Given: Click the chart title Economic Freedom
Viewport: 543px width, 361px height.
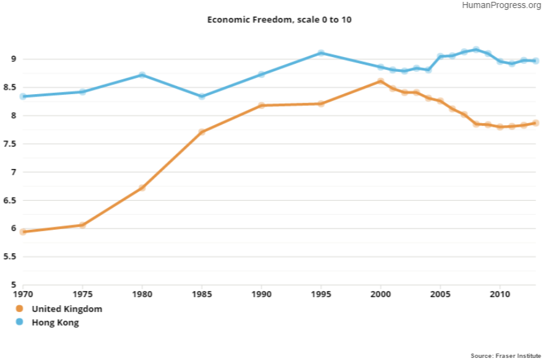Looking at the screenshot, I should click(279, 20).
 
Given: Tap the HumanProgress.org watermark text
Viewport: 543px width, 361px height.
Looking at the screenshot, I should click(502, 6).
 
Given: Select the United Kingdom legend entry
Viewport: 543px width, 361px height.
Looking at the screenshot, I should click(67, 309).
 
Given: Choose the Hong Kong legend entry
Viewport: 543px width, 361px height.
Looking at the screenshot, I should click(55, 323).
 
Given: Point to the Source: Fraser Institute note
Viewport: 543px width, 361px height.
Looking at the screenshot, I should click(505, 355).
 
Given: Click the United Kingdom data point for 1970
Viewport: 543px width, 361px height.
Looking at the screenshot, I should click(23, 232).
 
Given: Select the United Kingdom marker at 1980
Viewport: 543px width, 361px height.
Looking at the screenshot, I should click(142, 188).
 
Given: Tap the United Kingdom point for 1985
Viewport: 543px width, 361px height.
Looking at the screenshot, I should click(202, 132).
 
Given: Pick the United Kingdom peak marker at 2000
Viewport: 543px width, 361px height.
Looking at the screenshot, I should click(381, 81).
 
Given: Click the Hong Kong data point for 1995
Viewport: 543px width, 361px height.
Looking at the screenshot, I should click(321, 53).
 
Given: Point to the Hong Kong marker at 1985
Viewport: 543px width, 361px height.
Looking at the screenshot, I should click(202, 97).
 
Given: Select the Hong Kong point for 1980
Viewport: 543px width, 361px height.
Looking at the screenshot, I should click(142, 75).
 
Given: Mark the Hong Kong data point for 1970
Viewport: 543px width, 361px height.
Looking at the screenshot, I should click(23, 97).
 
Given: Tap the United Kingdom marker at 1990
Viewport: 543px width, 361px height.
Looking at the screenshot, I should click(261, 105).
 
